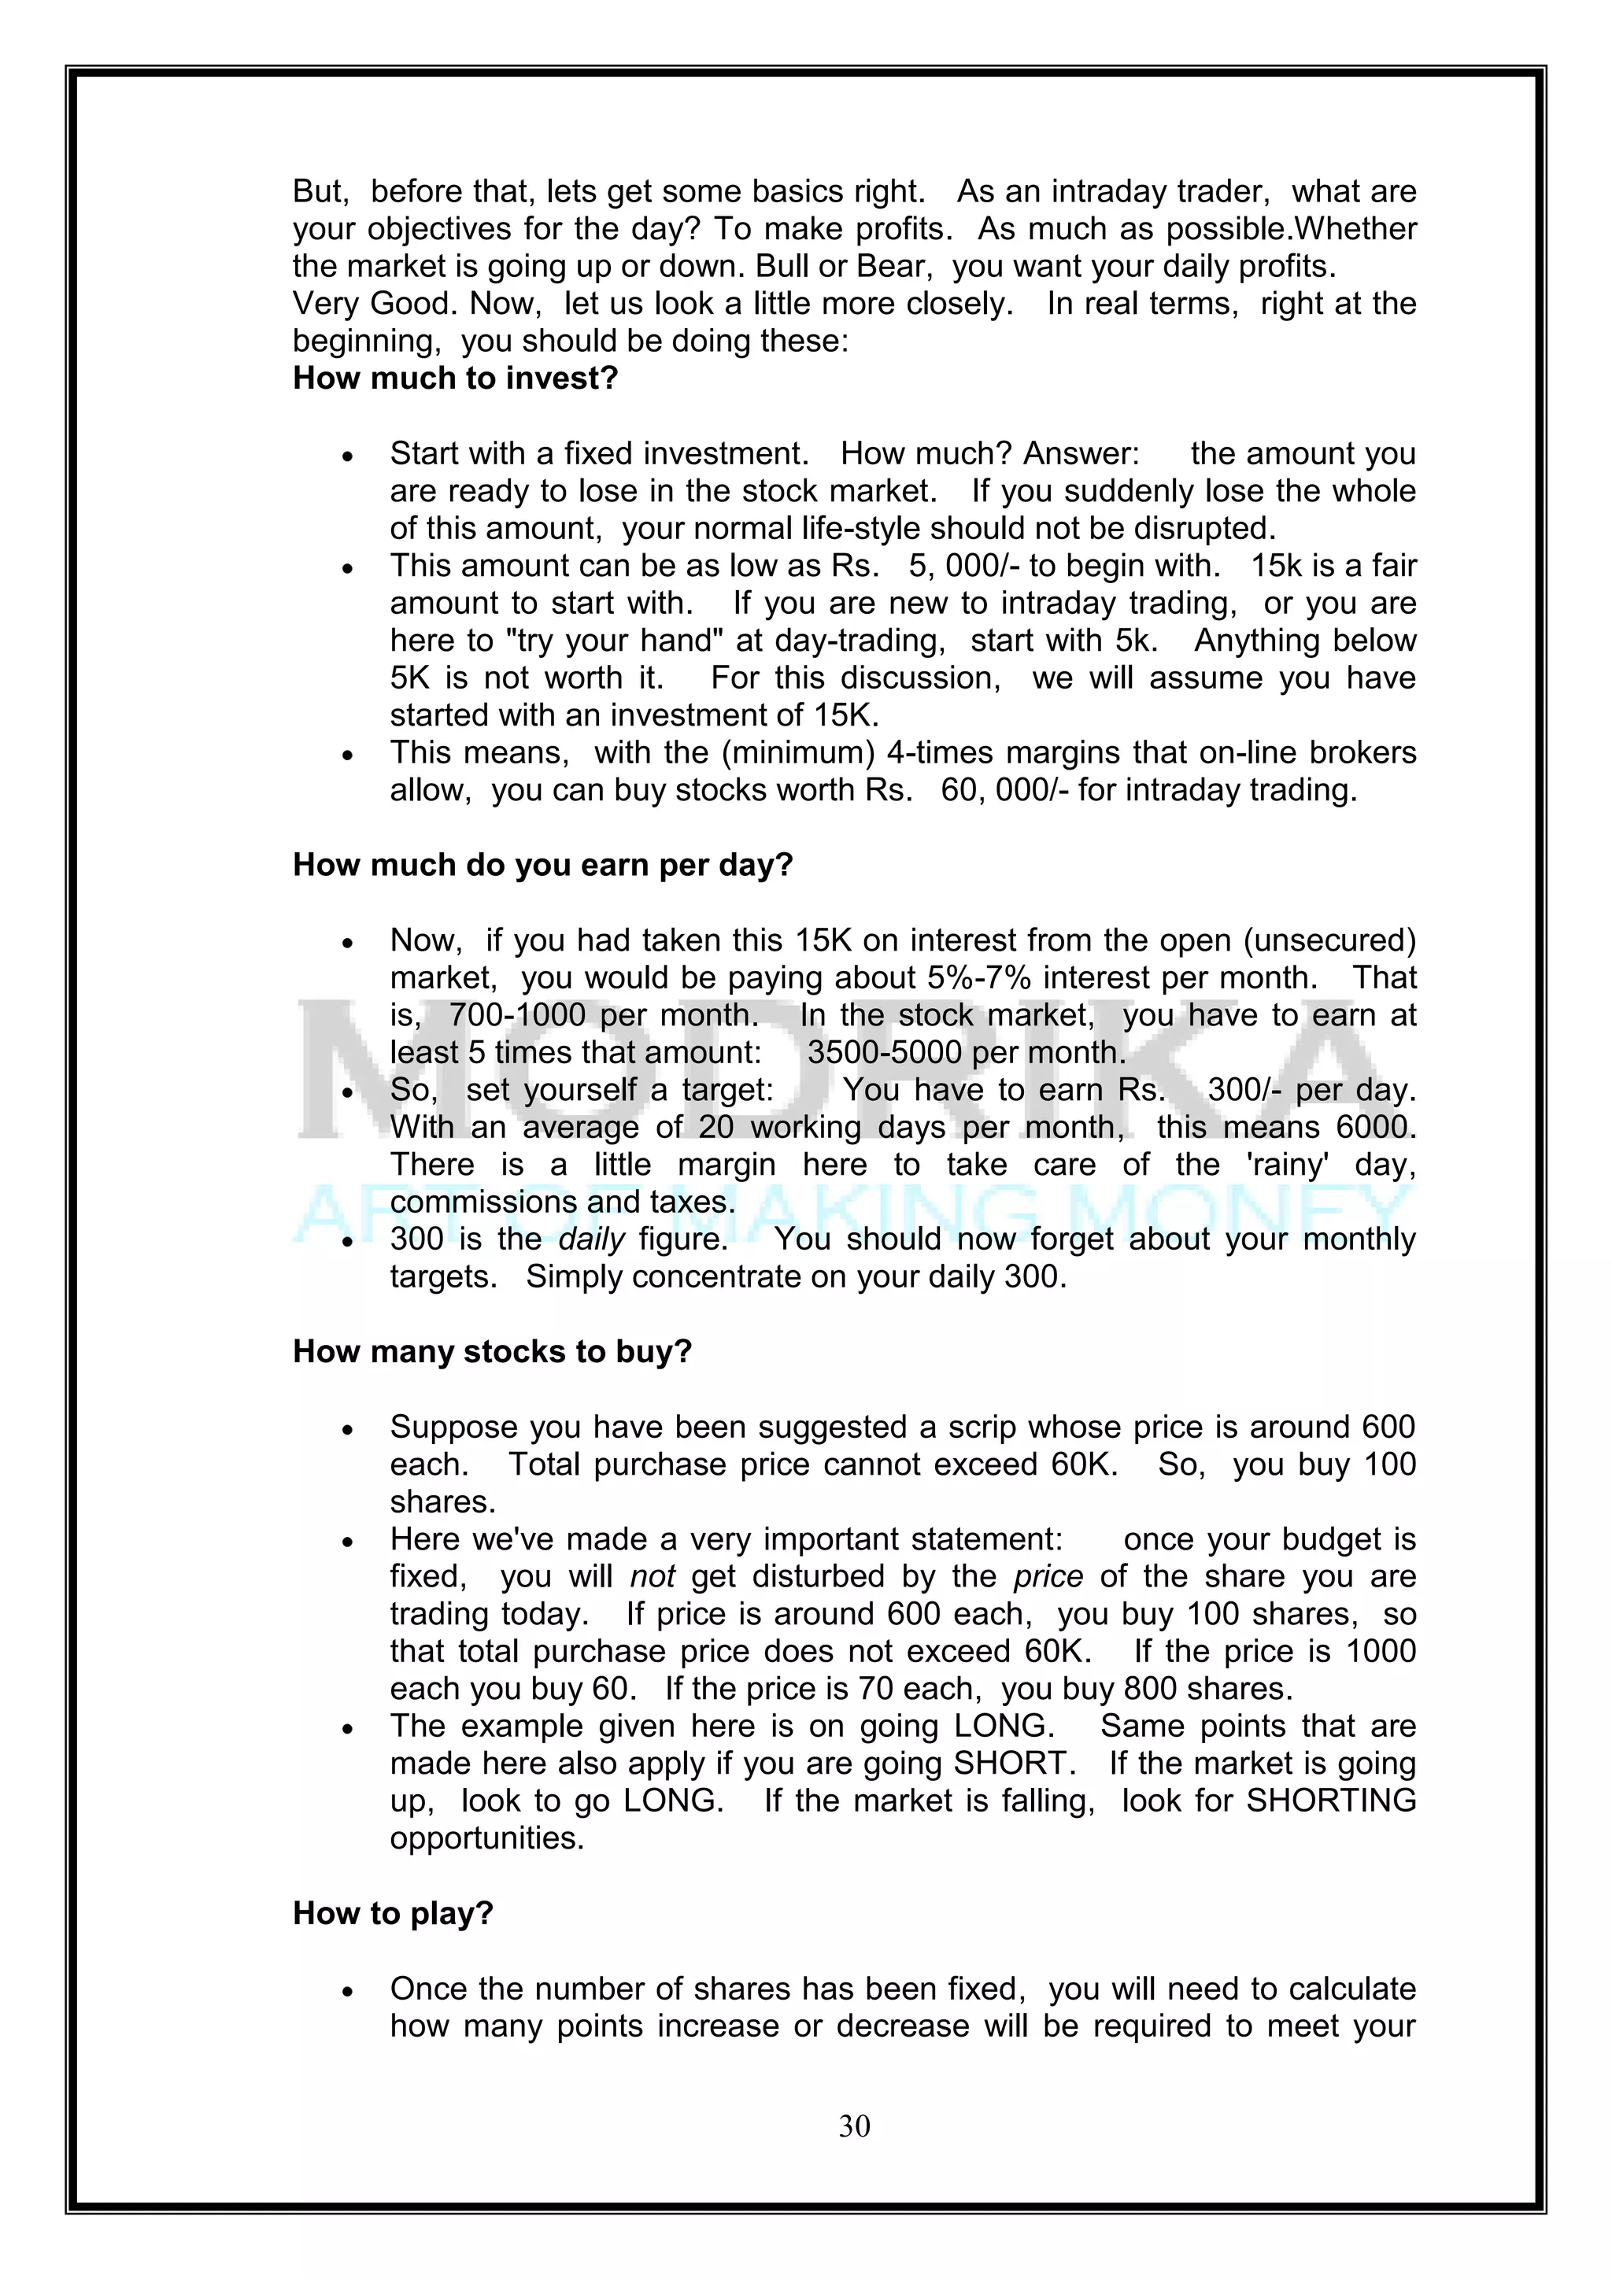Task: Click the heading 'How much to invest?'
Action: point(455,379)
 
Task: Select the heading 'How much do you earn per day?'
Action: point(542,865)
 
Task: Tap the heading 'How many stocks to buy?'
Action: point(491,1352)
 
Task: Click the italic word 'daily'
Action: point(592,1239)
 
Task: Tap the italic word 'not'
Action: point(653,1576)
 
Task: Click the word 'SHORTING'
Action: point(1330,1801)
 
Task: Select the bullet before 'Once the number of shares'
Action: point(346,1992)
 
